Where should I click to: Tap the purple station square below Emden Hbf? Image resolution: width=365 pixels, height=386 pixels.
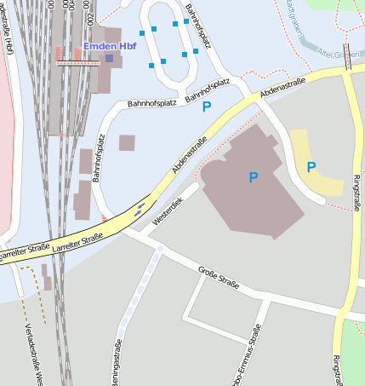(x=109, y=58)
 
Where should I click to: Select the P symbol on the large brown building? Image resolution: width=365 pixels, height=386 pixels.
(x=253, y=177)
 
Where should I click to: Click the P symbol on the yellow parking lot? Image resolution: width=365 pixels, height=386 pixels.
(x=311, y=167)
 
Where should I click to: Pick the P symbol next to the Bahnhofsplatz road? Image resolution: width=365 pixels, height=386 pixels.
(x=206, y=108)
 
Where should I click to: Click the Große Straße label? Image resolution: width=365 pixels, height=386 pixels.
(x=218, y=279)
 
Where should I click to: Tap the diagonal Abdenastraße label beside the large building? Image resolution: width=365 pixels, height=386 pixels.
(x=189, y=155)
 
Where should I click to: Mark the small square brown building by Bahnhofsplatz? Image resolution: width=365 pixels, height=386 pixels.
(x=127, y=142)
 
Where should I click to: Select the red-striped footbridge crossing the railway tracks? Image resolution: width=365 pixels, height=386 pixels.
(x=77, y=62)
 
